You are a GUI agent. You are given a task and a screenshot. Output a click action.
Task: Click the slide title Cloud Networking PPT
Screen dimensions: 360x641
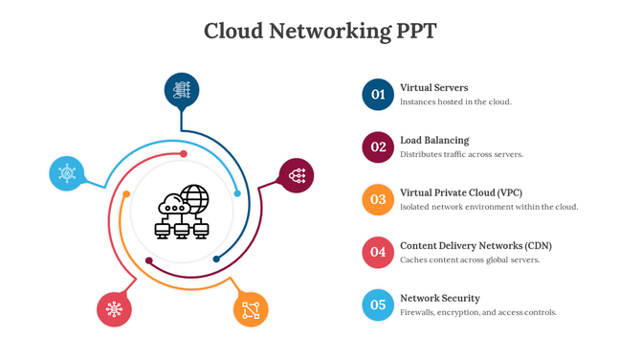point(320,31)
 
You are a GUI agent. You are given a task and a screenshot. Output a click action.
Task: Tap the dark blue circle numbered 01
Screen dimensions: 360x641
point(378,94)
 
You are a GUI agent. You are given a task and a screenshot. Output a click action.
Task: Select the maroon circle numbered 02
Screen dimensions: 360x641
point(378,146)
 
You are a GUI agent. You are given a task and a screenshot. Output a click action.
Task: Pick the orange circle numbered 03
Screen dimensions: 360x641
point(378,199)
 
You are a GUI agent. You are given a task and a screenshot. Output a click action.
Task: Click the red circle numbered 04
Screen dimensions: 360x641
point(378,252)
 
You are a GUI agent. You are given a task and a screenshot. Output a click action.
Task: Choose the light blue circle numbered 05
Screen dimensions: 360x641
point(378,304)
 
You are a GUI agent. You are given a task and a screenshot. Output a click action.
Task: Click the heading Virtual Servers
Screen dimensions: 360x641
point(433,87)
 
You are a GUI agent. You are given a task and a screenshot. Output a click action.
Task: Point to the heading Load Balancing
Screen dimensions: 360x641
point(434,140)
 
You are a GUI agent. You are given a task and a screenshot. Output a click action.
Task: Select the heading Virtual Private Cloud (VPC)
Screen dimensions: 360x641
point(461,192)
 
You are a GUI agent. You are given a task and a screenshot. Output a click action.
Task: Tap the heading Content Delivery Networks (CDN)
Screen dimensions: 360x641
point(475,245)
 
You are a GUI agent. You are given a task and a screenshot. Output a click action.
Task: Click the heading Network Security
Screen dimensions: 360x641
point(440,298)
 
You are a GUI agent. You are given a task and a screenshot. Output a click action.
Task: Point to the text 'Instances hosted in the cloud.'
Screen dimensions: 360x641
point(455,101)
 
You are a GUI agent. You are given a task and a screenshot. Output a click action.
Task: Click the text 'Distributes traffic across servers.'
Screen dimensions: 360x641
point(461,154)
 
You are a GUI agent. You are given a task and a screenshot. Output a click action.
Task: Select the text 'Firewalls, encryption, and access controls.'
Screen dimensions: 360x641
point(478,312)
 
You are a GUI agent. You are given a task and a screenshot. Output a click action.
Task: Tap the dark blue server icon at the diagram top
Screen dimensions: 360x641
point(182,90)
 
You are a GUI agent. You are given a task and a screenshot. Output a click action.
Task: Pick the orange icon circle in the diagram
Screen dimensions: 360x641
point(251,309)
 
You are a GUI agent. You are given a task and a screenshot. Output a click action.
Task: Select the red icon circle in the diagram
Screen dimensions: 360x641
point(114,309)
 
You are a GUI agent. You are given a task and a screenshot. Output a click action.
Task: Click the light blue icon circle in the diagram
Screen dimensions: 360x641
point(66,173)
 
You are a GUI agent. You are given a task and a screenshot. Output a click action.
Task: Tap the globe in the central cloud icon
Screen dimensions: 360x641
point(194,198)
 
